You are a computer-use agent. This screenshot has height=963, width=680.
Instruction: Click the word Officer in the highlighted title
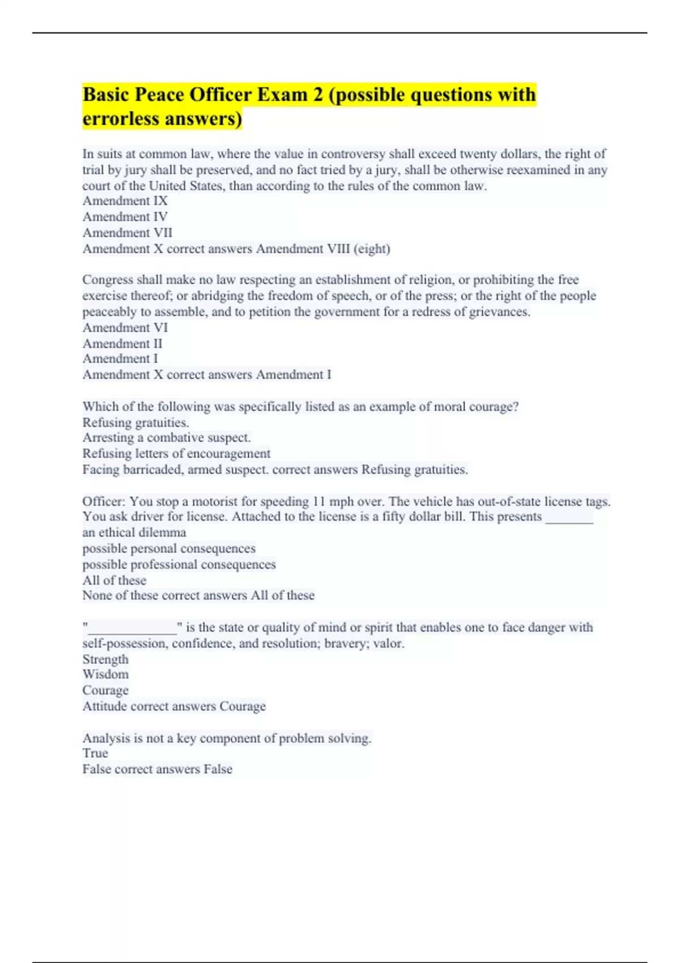(219, 95)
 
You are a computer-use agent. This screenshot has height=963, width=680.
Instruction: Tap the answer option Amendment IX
(125, 201)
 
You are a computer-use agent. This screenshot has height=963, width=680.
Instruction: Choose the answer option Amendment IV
(125, 217)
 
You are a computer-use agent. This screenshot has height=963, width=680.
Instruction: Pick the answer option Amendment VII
(127, 233)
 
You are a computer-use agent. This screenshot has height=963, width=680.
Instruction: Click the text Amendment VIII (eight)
(323, 249)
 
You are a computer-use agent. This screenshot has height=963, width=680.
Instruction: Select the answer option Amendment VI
(125, 327)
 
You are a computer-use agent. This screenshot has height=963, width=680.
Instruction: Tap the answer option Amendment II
(122, 343)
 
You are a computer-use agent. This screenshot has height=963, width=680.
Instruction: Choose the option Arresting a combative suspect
(166, 437)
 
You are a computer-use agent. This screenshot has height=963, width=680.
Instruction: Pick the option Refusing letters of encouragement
(176, 453)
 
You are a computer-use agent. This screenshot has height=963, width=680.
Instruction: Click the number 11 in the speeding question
(319, 501)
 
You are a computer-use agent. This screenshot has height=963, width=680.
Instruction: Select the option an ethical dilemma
(134, 532)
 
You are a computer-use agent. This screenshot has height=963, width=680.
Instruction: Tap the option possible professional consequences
(178, 564)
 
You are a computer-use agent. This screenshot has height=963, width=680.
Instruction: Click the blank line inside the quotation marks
(133, 628)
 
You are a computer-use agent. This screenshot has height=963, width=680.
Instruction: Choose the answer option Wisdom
(105, 674)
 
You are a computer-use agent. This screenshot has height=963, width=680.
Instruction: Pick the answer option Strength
(105, 659)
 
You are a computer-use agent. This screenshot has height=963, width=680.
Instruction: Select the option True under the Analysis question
(95, 753)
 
